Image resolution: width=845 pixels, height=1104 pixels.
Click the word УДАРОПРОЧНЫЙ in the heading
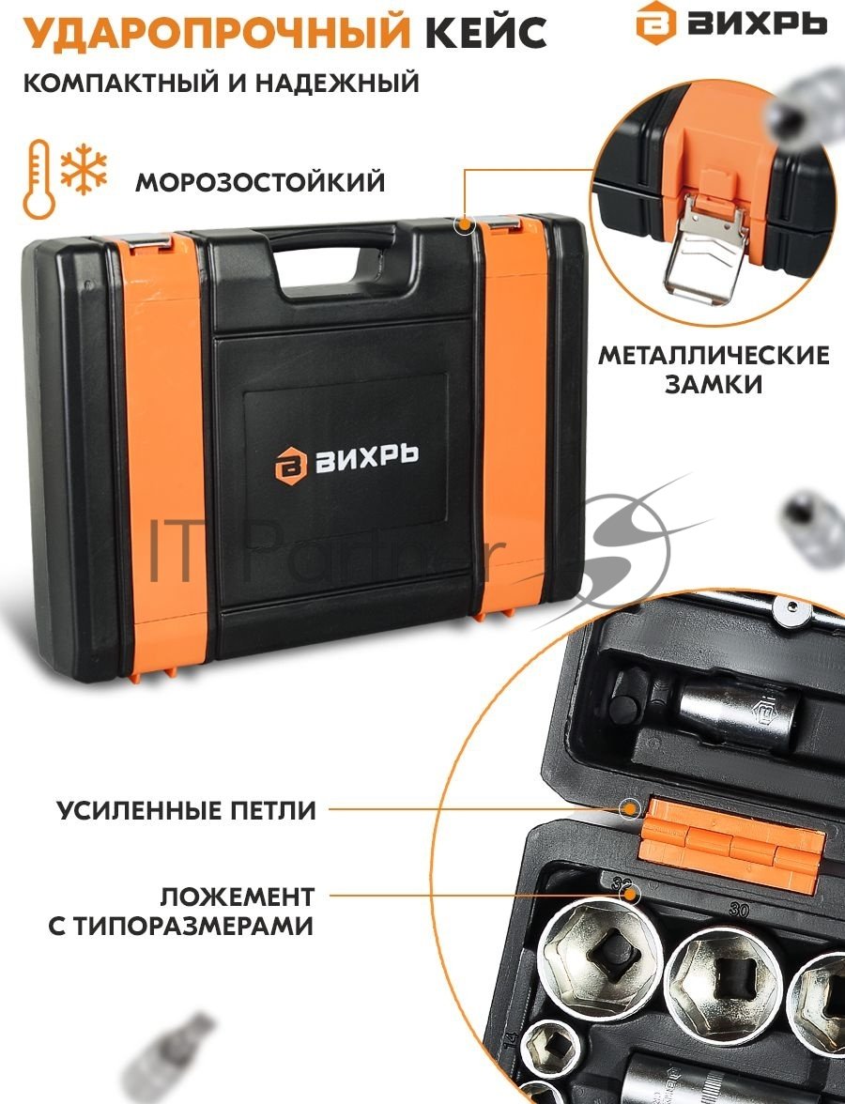point(217,33)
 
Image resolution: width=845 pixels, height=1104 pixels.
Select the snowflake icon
point(84,171)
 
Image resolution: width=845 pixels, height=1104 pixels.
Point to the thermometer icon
point(38,178)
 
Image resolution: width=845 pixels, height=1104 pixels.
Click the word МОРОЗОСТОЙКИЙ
point(261,182)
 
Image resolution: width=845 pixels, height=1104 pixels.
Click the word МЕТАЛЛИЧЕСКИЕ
point(714,355)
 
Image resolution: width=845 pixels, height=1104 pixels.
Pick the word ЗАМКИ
point(714,385)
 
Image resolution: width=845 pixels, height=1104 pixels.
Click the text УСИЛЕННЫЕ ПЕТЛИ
point(187,810)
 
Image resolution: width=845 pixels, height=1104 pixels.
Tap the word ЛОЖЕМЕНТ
point(237,897)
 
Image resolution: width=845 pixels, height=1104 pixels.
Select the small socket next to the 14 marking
point(550,1050)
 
